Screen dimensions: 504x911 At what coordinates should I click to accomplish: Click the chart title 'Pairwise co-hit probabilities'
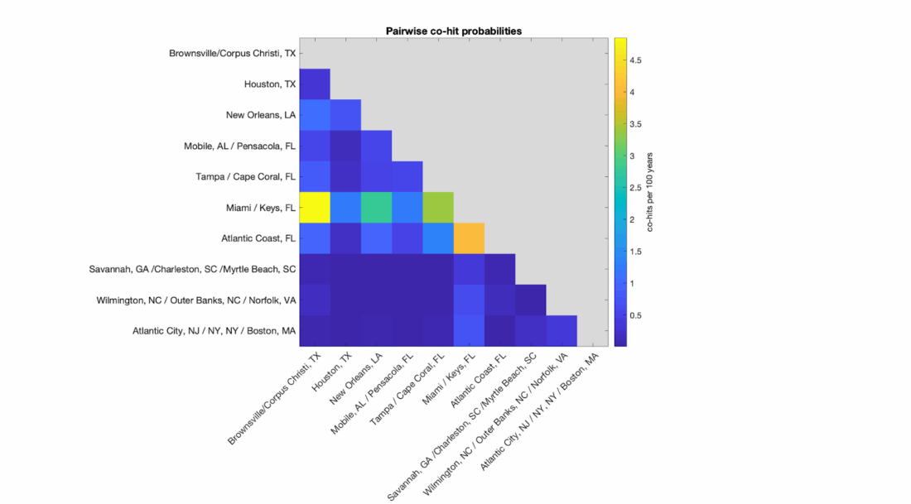[454, 31]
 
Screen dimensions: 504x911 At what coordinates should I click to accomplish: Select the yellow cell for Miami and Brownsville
[315, 207]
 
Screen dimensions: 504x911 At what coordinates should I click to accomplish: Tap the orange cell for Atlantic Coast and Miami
[469, 238]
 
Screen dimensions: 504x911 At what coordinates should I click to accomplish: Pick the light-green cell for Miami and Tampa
[438, 207]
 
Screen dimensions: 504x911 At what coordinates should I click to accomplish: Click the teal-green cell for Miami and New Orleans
[376, 207]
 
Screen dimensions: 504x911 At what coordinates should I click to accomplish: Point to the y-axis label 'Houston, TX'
[269, 84]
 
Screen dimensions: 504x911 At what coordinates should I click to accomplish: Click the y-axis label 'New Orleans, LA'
[260, 115]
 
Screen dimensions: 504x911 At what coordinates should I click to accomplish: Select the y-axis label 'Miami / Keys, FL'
[259, 208]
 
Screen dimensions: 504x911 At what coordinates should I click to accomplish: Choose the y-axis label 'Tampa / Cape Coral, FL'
[245, 176]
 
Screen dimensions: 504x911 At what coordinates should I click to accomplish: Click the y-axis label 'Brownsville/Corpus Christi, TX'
[232, 53]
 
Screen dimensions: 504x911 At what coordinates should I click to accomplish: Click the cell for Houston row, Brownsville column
[315, 84]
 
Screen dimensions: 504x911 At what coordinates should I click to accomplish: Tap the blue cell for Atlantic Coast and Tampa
[438, 238]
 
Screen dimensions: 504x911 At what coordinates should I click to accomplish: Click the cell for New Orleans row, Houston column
[345, 115]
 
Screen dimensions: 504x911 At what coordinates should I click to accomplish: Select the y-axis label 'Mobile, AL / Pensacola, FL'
[239, 146]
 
